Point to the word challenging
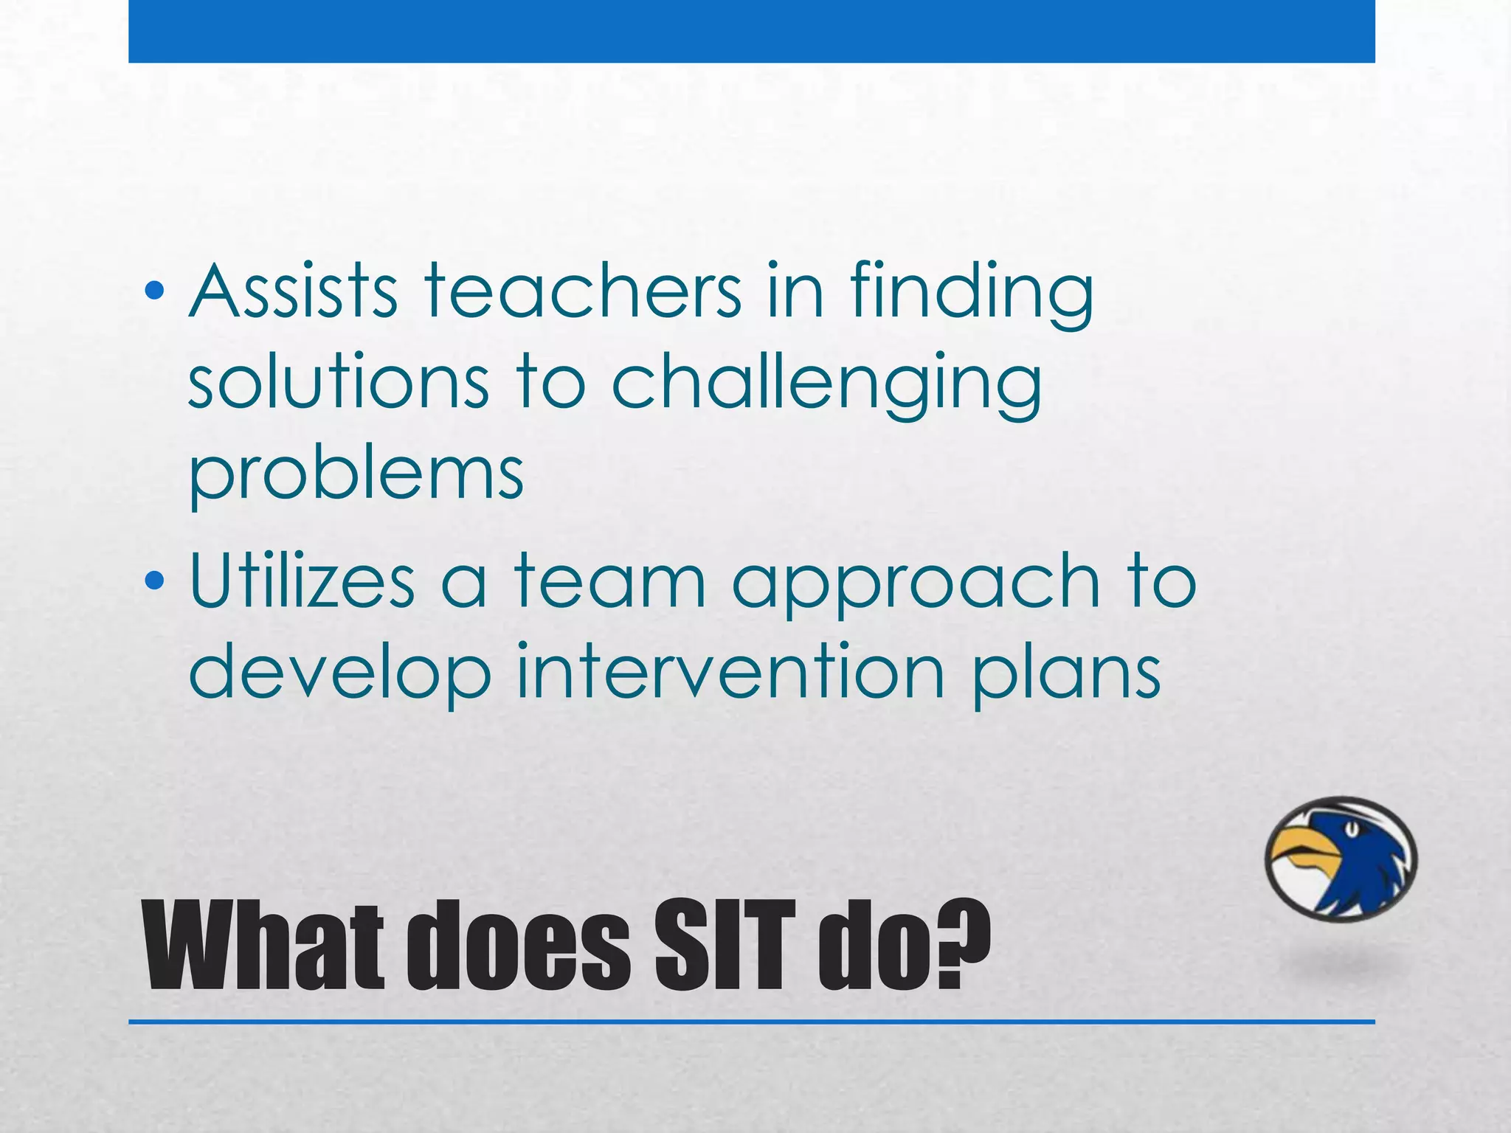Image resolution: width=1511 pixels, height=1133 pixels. click(826, 385)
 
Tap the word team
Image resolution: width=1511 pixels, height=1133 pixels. click(609, 583)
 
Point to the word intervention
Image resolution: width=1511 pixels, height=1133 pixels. click(730, 671)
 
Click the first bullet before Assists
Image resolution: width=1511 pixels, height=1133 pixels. click(154, 292)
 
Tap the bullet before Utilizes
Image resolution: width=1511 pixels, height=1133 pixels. click(154, 582)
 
